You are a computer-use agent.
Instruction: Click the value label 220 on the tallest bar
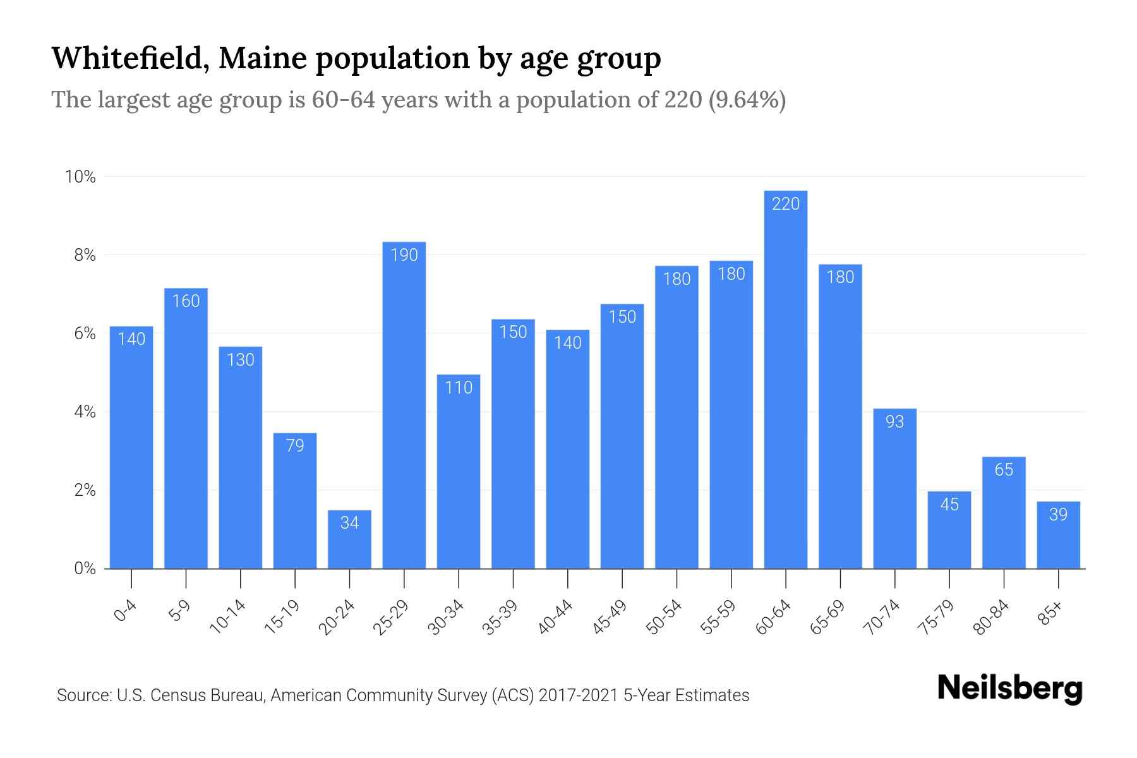pos(786,204)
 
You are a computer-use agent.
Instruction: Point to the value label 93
pos(894,421)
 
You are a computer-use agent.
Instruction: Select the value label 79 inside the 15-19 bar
pos(295,446)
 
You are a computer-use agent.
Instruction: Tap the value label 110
pos(459,387)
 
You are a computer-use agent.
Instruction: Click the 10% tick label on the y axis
pos(81,177)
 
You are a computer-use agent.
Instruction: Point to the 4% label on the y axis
pos(85,412)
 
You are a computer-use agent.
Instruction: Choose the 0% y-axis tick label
pos(85,568)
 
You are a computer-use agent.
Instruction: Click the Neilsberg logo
pos(1009,689)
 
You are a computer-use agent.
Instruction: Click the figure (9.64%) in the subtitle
pos(747,100)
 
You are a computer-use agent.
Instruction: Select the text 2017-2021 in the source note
pos(578,695)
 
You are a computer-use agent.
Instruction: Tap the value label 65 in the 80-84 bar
pos(1004,469)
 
